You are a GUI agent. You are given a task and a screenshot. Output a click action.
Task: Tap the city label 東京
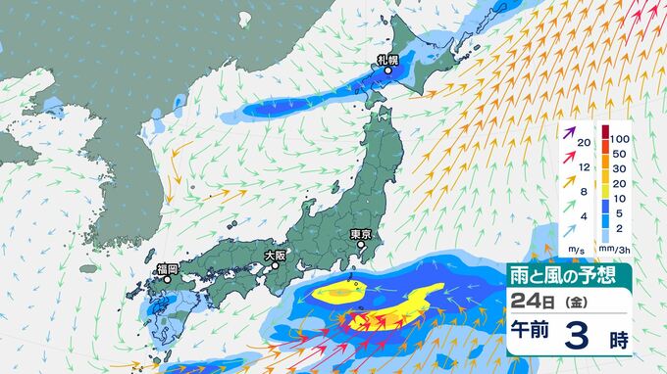pos(361,235)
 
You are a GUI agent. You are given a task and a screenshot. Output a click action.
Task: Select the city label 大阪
pos(275,255)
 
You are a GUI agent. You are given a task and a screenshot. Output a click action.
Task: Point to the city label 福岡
pos(166,268)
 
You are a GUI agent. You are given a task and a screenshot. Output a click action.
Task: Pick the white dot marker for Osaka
pos(277,264)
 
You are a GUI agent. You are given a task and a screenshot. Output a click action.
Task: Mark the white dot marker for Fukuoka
pos(166,278)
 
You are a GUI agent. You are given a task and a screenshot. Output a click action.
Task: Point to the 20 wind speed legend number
pos(584,144)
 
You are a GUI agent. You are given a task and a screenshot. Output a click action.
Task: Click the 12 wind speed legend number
pos(584,167)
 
